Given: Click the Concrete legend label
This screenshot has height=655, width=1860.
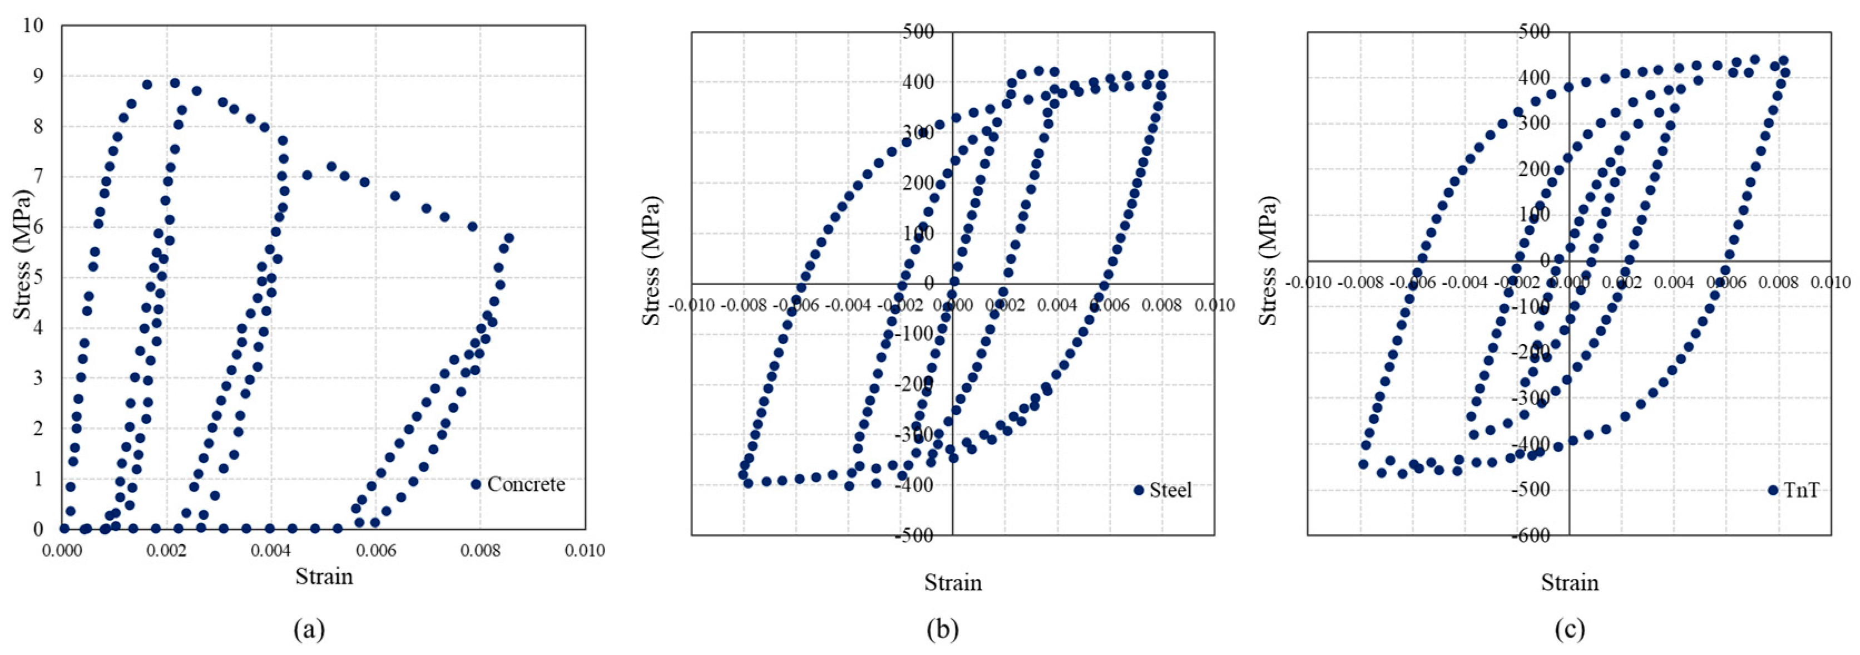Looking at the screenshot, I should click(526, 485).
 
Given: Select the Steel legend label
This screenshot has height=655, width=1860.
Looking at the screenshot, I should click(1170, 490).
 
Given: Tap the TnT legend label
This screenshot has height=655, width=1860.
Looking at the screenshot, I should click(1802, 490).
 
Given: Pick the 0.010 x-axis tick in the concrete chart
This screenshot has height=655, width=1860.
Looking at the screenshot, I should click(584, 551).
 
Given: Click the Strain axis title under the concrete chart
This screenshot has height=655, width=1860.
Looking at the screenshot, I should click(324, 577).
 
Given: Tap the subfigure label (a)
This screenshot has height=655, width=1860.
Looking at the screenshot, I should click(309, 631).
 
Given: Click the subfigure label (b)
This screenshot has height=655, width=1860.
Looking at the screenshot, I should click(942, 631).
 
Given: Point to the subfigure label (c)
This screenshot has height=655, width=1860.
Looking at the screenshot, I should click(1570, 631).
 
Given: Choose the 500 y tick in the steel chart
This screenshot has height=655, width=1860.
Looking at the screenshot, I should click(918, 32).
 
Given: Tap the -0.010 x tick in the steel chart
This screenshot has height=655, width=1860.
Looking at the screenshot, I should click(692, 306).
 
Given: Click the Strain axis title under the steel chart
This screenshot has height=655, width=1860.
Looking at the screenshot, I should click(953, 583).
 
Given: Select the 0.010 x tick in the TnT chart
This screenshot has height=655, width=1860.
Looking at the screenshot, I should click(1831, 282).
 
